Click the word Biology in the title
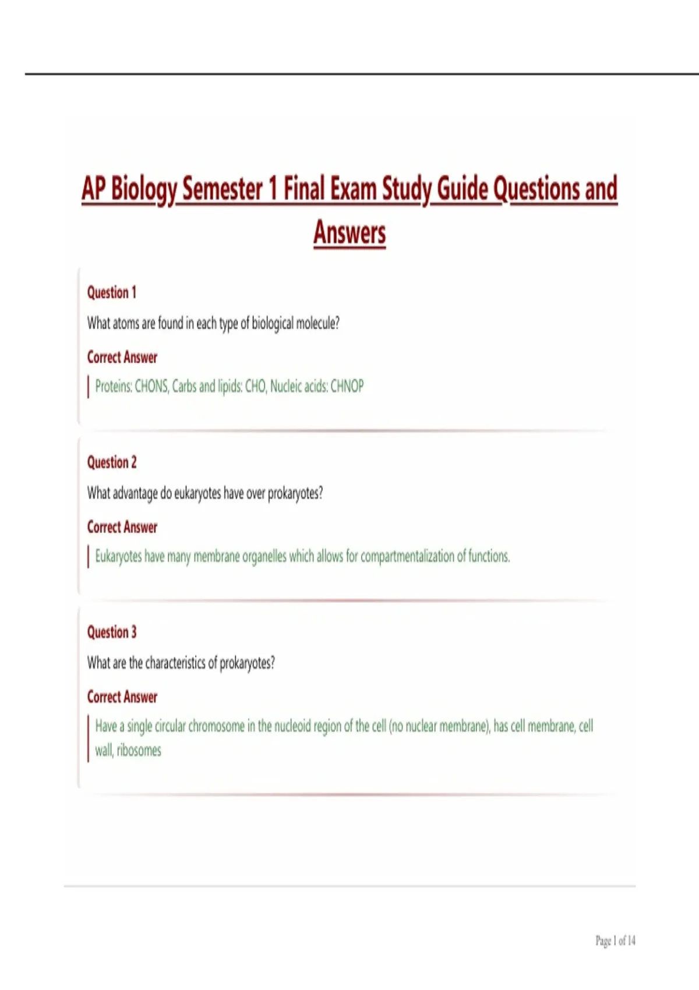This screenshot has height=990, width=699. pos(143,189)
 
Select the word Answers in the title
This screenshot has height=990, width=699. pos(349,232)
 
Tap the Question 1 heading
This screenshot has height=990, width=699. pos(112,292)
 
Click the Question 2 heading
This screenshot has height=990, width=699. pos(112,462)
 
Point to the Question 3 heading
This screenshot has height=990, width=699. pos(112,632)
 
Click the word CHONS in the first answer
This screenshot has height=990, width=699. pos(151,386)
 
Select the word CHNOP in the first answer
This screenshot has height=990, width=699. pos(347,386)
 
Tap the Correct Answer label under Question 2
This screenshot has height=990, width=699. pos(122,527)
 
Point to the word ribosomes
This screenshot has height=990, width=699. pos(139,750)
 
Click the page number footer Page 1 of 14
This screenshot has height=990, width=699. pos(615,941)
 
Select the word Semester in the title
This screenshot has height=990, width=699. pos(223,189)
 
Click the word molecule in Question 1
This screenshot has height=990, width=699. pos(317,323)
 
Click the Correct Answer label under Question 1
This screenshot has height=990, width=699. pos(122,357)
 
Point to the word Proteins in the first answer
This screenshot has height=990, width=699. pos(114,386)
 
